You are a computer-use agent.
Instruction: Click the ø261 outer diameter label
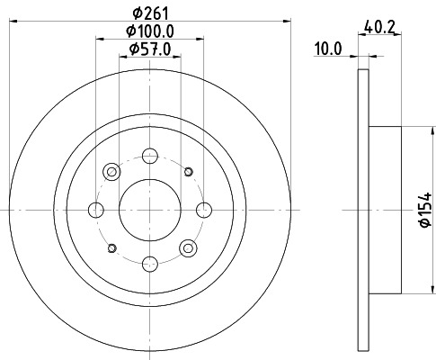tap(150, 13)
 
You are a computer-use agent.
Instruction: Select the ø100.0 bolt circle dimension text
tap(150, 31)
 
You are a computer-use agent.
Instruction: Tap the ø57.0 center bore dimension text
tap(150, 49)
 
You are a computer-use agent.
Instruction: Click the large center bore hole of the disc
tap(150, 210)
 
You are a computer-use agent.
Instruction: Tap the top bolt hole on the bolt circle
tap(150, 156)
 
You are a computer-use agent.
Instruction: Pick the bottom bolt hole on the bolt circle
tap(150, 263)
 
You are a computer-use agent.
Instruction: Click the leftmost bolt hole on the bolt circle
tap(96, 210)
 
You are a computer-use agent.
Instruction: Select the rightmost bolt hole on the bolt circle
tap(204, 210)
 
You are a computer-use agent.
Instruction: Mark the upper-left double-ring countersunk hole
tap(112, 171)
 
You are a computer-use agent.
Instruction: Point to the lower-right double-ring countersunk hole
tap(188, 247)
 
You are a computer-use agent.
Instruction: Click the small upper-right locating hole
tap(188, 171)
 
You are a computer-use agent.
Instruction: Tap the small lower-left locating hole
tap(112, 247)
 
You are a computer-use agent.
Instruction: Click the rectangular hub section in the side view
tap(384, 210)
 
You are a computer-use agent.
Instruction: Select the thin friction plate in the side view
tap(363, 210)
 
